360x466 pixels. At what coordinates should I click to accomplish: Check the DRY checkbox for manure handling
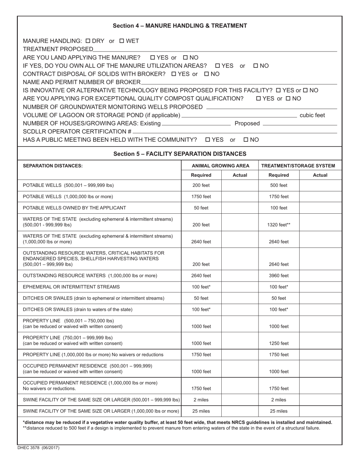[88, 41]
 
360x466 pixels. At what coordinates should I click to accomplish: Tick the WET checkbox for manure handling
[122, 41]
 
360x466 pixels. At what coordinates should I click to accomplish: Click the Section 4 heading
[180, 26]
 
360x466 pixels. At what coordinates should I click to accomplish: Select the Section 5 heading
[180, 154]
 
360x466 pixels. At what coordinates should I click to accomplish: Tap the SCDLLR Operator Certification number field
[235, 131]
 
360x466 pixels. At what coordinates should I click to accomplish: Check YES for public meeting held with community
[208, 140]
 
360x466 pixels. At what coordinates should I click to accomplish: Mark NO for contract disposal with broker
[207, 74]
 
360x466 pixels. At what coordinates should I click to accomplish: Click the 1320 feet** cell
[279, 225]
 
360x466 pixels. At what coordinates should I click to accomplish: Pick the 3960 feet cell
[279, 275]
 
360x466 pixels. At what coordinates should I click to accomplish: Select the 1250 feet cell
[279, 343]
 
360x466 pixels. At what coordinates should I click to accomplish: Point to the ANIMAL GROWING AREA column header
[221, 166]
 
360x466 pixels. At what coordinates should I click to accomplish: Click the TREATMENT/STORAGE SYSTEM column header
[298, 166]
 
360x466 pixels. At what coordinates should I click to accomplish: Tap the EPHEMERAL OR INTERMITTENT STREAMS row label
[71, 287]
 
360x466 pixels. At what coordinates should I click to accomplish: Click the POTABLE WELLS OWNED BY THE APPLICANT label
[74, 208]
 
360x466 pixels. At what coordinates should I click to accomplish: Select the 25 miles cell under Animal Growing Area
[201, 411]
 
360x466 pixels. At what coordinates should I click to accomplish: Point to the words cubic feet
[312, 115]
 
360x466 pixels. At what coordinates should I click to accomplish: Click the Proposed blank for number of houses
[299, 124]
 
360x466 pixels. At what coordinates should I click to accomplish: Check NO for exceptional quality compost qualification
[288, 99]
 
